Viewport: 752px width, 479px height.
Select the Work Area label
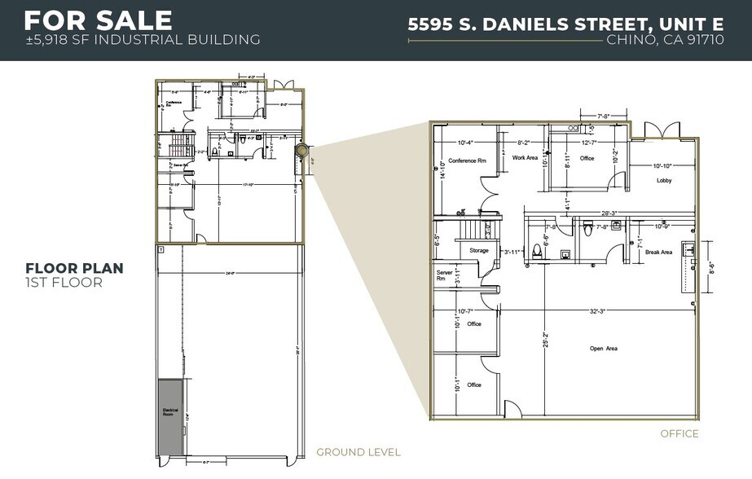pos(525,158)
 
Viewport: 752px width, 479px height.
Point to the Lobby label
pos(664,181)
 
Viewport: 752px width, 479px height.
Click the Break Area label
pos(658,253)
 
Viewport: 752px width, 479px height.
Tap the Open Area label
pos(604,349)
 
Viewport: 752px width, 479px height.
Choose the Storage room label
pos(479,251)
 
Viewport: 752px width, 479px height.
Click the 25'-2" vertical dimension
pos(546,339)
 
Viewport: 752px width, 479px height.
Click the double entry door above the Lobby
pos(658,130)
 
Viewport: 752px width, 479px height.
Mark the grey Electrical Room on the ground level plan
pos(171,414)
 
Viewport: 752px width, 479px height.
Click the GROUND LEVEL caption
pos(358,452)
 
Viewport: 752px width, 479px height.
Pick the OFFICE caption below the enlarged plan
pos(679,433)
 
